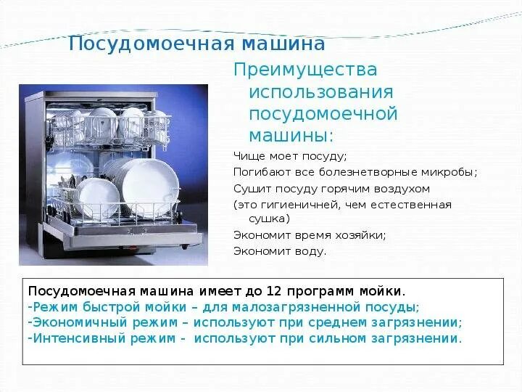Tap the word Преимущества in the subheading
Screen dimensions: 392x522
(305, 70)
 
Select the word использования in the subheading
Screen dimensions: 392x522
(321, 93)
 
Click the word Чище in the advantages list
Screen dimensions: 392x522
(246, 156)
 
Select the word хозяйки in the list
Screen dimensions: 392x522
(360, 235)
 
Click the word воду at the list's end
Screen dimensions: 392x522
(312, 252)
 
